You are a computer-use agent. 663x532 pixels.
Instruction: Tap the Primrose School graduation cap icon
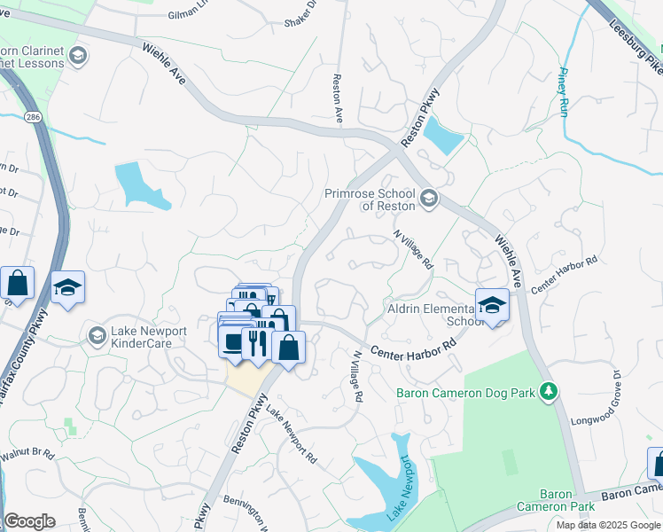click(429, 198)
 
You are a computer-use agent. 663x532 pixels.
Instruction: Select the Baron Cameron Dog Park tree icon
click(549, 390)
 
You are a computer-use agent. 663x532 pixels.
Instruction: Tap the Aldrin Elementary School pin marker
click(490, 307)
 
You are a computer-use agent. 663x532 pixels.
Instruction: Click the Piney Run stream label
click(563, 93)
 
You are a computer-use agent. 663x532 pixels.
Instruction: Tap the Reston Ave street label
click(337, 98)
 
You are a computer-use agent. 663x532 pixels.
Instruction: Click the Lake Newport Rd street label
click(292, 436)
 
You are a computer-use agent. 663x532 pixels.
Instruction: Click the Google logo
click(29, 521)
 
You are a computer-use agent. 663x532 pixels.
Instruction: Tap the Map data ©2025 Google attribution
click(608, 525)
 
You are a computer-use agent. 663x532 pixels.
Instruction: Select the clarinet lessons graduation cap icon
click(77, 57)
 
